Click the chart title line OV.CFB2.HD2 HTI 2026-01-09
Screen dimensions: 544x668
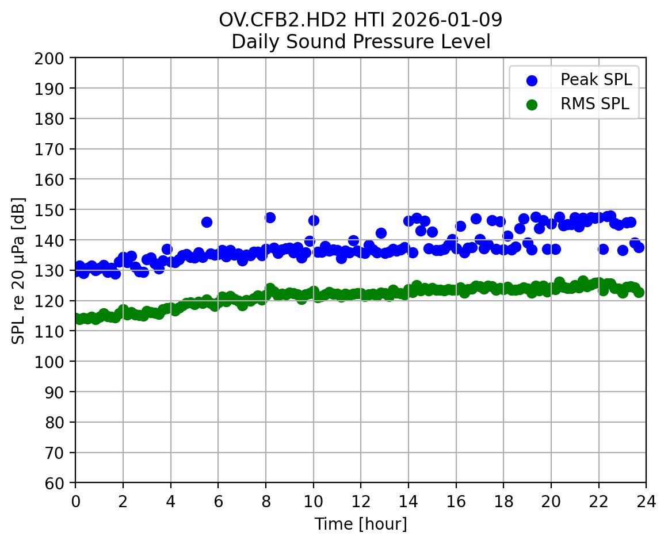pyautogui.click(x=360, y=20)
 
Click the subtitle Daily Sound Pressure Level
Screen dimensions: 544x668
pyautogui.click(x=360, y=42)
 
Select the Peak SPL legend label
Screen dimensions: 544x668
pyautogui.click(x=596, y=80)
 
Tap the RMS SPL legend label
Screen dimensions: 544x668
pyautogui.click(x=595, y=104)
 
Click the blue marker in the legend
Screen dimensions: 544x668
pyautogui.click(x=532, y=81)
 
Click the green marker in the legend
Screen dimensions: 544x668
pyautogui.click(x=532, y=105)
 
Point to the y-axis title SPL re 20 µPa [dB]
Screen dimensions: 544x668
pyautogui.click(x=19, y=270)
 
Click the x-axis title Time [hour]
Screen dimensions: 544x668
pyautogui.click(x=360, y=524)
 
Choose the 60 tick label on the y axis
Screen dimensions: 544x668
pyautogui.click(x=61, y=483)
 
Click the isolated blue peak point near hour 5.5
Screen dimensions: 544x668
pyautogui.click(x=207, y=222)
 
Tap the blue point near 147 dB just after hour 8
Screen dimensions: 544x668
pyautogui.click(x=270, y=217)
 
